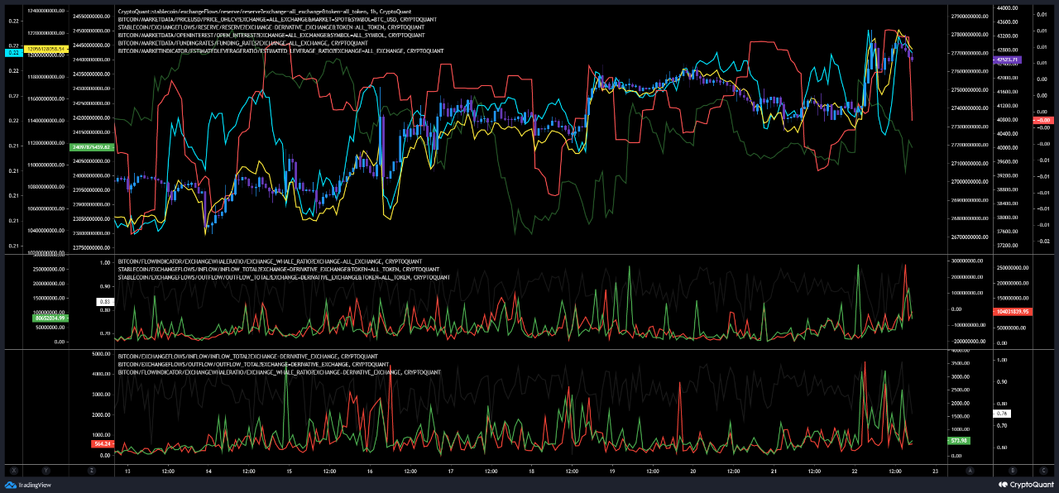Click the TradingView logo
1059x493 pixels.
coord(26,485)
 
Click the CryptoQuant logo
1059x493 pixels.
coord(1024,485)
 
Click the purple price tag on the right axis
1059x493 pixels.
coord(1009,60)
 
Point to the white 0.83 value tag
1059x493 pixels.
coord(105,302)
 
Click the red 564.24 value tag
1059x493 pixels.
coord(103,443)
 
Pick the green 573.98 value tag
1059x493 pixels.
coord(959,441)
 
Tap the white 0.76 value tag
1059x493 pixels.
coord(1002,413)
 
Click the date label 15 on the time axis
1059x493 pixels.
coord(289,471)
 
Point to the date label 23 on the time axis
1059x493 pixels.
coord(934,471)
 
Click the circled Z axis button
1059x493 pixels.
coord(91,471)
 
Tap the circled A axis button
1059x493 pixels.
coord(969,471)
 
